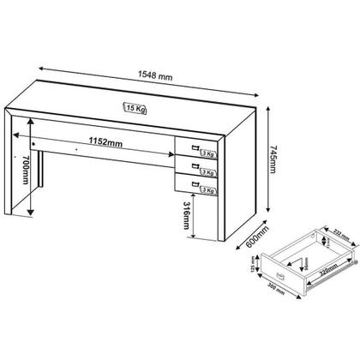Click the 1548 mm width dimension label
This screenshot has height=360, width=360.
pyautogui.click(x=156, y=76)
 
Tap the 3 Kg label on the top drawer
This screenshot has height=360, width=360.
pyautogui.click(x=207, y=144)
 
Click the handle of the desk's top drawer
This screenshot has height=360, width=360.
pyautogui.click(x=195, y=140)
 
